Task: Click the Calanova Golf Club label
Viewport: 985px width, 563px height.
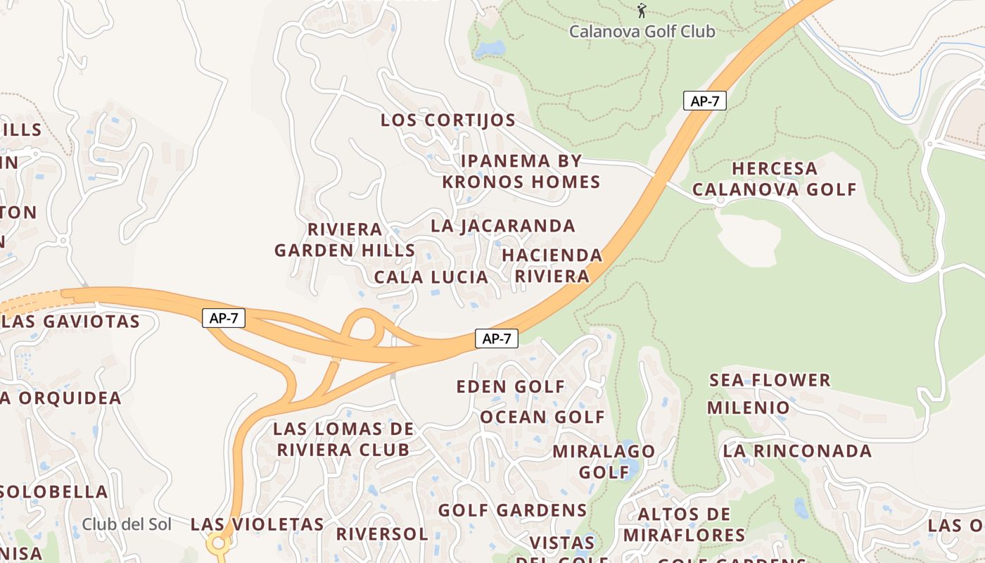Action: [x=642, y=32]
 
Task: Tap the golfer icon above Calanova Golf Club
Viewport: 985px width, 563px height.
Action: [x=641, y=11]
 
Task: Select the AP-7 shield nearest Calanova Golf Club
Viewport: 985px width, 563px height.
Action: [x=704, y=101]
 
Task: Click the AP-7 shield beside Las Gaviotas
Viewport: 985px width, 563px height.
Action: [x=224, y=318]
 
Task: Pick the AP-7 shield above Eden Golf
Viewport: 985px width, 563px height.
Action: [x=496, y=339]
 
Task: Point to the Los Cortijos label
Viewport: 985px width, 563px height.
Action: [x=448, y=120]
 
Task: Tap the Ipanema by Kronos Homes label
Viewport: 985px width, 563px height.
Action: [x=521, y=172]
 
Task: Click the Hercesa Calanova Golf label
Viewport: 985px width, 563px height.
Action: [x=775, y=179]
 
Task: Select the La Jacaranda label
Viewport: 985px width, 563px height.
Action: [x=503, y=226]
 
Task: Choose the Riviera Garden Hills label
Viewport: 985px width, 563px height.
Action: [x=345, y=240]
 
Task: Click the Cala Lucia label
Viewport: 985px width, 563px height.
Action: [x=431, y=277]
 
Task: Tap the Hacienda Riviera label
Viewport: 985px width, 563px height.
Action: [x=552, y=265]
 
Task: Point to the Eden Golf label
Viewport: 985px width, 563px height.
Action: [x=511, y=386]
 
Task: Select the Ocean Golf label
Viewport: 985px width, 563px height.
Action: [x=542, y=417]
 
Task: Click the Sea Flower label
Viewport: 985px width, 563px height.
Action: [x=770, y=381]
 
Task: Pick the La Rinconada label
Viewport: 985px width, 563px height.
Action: [x=797, y=451]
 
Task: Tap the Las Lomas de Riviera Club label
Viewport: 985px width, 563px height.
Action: [x=343, y=439]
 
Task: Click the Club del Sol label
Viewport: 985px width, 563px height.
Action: [x=127, y=524]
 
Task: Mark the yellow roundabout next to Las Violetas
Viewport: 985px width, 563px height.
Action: [x=217, y=543]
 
